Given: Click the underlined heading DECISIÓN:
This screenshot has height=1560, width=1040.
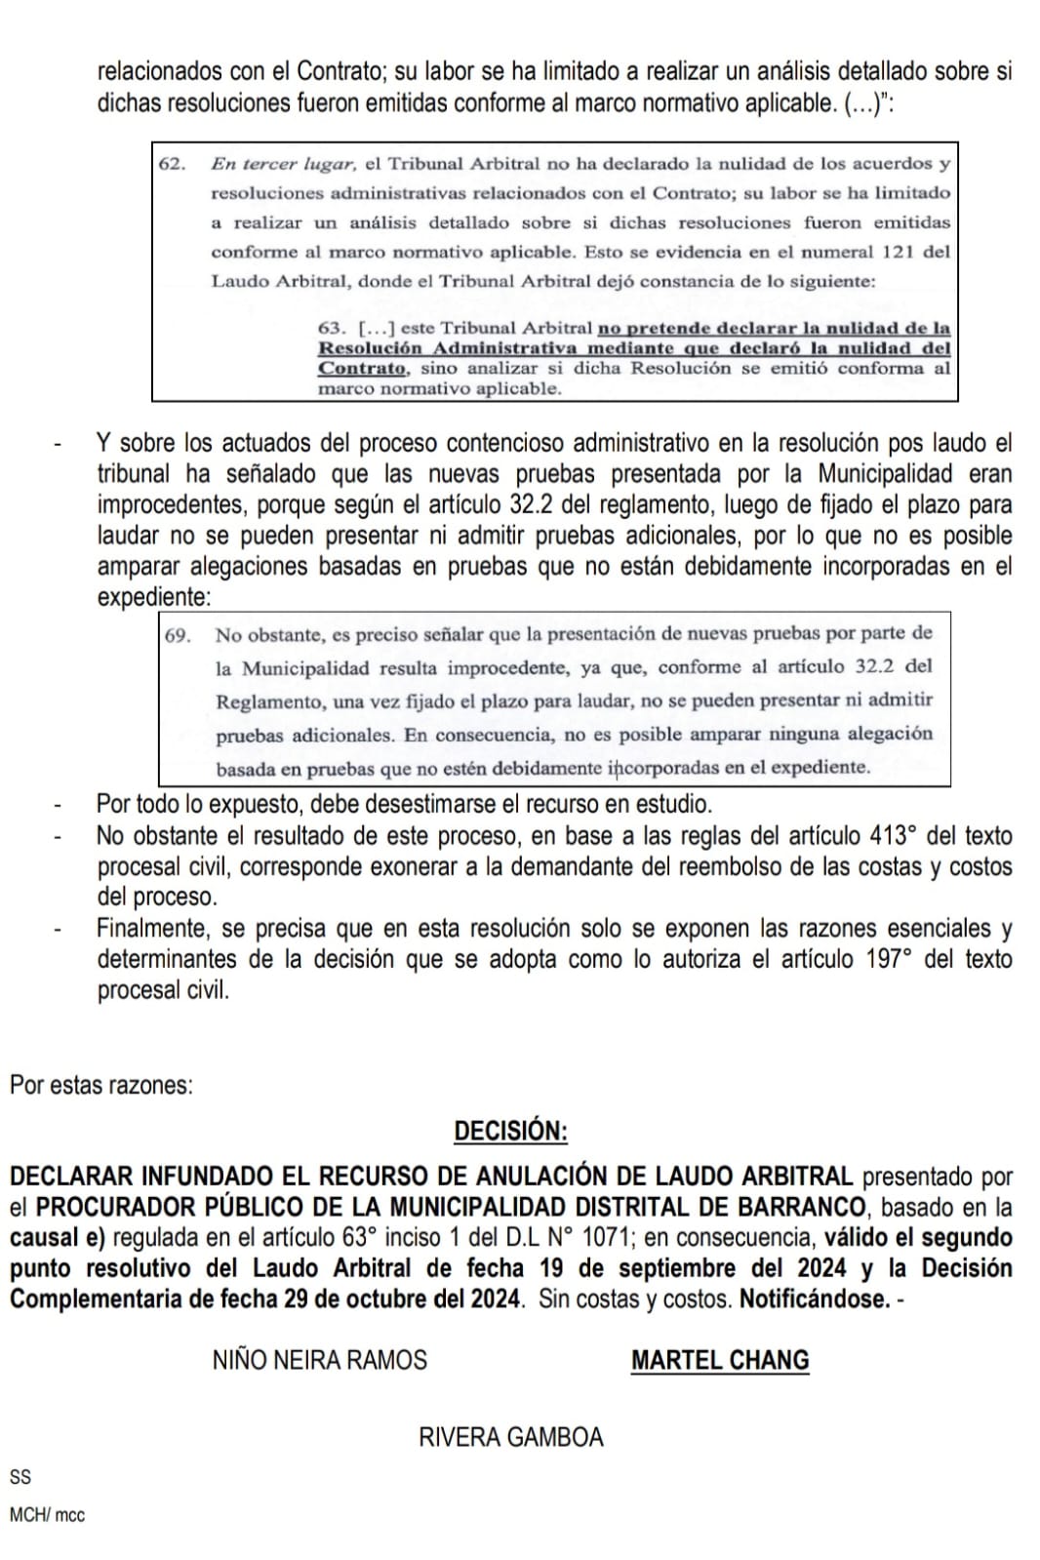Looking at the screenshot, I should (x=510, y=1131).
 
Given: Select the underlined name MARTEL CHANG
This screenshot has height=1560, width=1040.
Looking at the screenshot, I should (x=720, y=1360).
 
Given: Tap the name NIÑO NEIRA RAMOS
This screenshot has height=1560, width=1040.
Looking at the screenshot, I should (x=319, y=1360).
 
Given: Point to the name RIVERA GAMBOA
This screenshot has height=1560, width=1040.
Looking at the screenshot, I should (x=511, y=1437).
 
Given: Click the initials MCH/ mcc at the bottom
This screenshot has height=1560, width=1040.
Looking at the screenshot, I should (x=47, y=1515).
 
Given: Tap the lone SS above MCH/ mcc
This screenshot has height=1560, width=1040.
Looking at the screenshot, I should (x=20, y=1477).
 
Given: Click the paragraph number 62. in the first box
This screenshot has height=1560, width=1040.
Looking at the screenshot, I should (x=172, y=164).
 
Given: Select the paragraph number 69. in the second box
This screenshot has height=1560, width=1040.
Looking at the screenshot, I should (x=178, y=636).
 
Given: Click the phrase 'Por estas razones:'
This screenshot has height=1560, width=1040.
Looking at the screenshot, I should (x=101, y=1085).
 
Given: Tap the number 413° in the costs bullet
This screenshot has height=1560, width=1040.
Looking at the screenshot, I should (x=893, y=836).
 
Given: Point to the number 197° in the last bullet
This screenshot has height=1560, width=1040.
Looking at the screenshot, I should (x=887, y=959).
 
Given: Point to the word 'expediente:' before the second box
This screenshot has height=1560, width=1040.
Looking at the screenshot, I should (x=153, y=597).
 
